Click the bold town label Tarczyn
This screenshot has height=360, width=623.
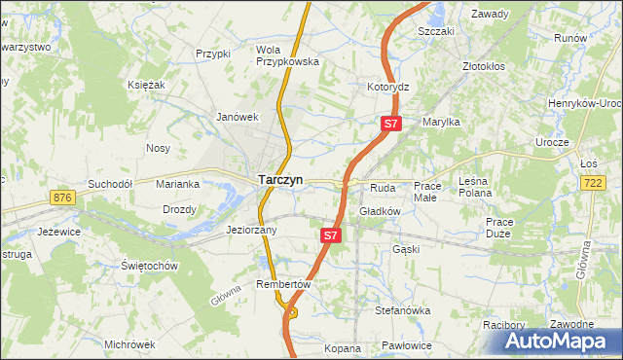tap(280, 180)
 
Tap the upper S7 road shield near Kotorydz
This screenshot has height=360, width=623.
tap(390, 124)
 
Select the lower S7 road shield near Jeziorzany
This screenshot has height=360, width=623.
tap(331, 235)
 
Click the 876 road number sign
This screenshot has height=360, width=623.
tap(64, 198)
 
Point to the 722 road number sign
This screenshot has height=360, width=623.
tap(592, 183)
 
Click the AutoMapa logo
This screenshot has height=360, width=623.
tap(563, 341)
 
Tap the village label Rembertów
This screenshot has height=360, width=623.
tap(282, 284)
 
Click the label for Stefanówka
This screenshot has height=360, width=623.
tap(402, 310)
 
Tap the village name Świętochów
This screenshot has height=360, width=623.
tap(148, 266)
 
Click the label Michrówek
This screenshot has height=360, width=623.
tap(129, 344)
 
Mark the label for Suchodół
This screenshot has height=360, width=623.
tap(109, 183)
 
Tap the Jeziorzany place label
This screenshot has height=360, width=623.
tap(251, 231)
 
